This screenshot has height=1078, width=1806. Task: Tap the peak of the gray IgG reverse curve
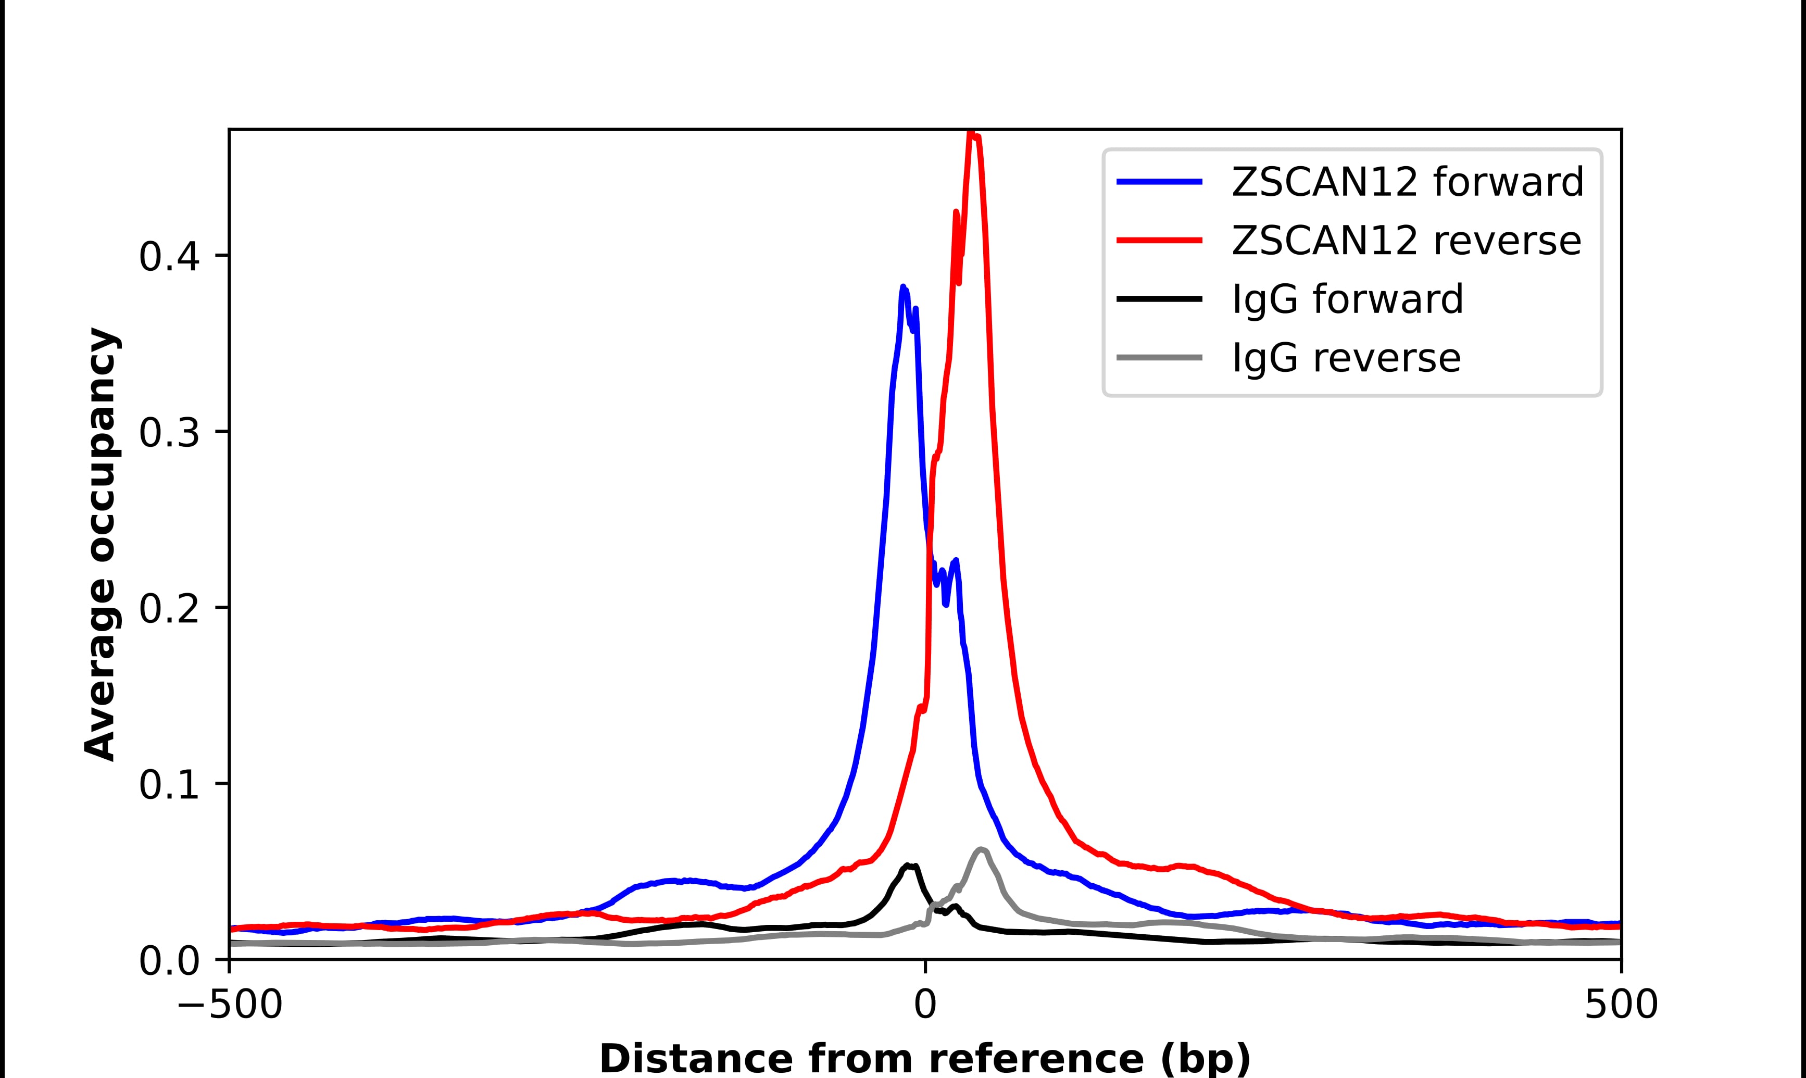click(981, 849)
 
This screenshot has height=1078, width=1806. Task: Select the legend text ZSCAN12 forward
click(1407, 182)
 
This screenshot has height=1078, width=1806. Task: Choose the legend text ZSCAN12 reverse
click(1406, 241)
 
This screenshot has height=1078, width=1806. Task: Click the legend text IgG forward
click(1347, 299)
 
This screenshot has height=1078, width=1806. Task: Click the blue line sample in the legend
click(1159, 182)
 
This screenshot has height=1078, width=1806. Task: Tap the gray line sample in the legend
click(1159, 357)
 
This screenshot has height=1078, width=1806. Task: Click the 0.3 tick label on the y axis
click(169, 433)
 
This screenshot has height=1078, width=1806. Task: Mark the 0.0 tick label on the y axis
click(169, 961)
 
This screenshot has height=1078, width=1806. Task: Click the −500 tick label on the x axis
click(230, 1006)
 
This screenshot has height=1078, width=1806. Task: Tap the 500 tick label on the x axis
click(1621, 1006)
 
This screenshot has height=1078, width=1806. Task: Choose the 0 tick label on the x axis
click(925, 1006)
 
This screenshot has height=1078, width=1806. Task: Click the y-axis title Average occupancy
click(99, 544)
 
